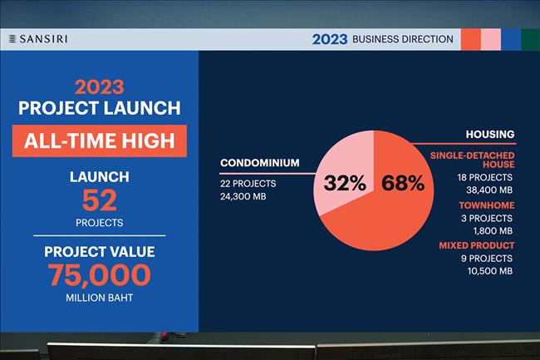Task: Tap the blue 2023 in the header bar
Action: point(330,39)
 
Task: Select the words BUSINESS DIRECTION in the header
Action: point(403,39)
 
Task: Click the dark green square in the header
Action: point(530,40)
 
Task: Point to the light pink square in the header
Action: point(491,40)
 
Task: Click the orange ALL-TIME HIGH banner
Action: point(100,141)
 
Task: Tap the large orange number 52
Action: point(100,200)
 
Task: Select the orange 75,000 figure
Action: point(99,275)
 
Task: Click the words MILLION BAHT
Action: point(100,298)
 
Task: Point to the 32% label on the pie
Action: point(345,183)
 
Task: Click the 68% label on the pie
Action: point(403,183)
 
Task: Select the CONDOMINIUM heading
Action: point(260,163)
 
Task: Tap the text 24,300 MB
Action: point(243,196)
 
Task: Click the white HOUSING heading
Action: point(490,134)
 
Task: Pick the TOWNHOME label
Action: point(487,205)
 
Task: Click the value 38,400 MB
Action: point(489,190)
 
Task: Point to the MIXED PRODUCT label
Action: point(477,245)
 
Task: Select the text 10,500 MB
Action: point(490,271)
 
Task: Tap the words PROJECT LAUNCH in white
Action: point(100,108)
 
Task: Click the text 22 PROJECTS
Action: point(248,184)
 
